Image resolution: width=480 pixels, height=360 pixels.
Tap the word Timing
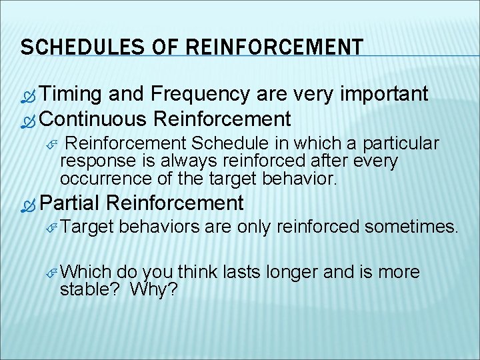[71, 94]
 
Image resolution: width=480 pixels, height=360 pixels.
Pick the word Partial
[69, 202]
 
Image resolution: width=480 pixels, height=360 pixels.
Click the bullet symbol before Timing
[28, 95]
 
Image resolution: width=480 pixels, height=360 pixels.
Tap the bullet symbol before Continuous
[28, 121]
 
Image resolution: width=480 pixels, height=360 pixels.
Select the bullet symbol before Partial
[28, 203]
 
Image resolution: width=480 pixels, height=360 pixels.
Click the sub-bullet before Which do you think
[53, 273]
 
